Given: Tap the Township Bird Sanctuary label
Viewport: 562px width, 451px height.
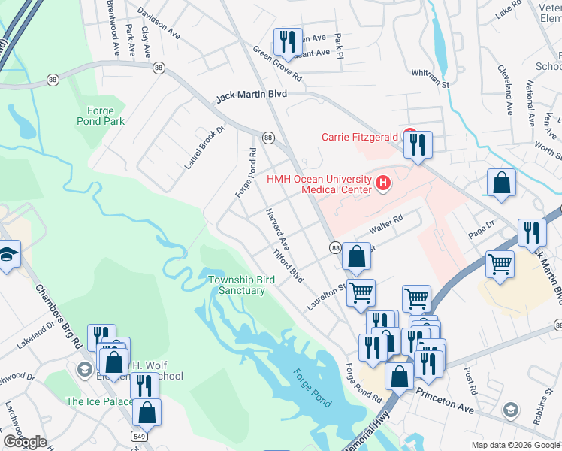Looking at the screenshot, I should [x=241, y=285].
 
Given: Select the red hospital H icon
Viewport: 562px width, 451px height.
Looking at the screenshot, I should [x=384, y=183].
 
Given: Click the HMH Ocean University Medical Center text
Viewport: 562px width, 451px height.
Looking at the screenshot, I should [x=320, y=184].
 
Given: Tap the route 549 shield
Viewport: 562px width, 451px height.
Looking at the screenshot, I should [x=138, y=435].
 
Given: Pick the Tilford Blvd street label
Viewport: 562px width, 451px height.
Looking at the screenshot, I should [x=289, y=266].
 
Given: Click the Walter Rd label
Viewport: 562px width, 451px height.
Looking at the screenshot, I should [x=387, y=224].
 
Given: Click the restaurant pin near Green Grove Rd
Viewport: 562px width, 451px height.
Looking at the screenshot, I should [x=286, y=43].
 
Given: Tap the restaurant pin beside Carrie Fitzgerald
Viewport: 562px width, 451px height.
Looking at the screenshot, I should [x=417, y=144].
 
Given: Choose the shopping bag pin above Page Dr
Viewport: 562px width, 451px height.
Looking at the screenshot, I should [x=501, y=183].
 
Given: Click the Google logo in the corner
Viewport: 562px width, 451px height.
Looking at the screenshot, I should [x=25, y=442].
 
